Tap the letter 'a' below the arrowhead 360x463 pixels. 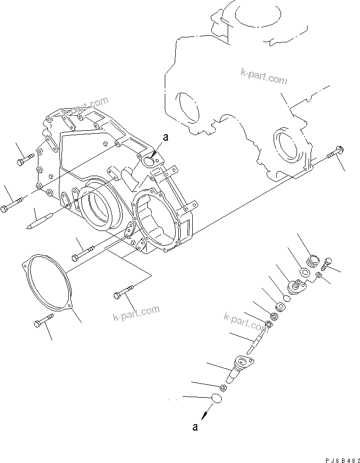[195, 427]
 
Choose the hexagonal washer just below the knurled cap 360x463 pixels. [304, 272]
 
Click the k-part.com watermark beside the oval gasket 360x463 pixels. [136, 313]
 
